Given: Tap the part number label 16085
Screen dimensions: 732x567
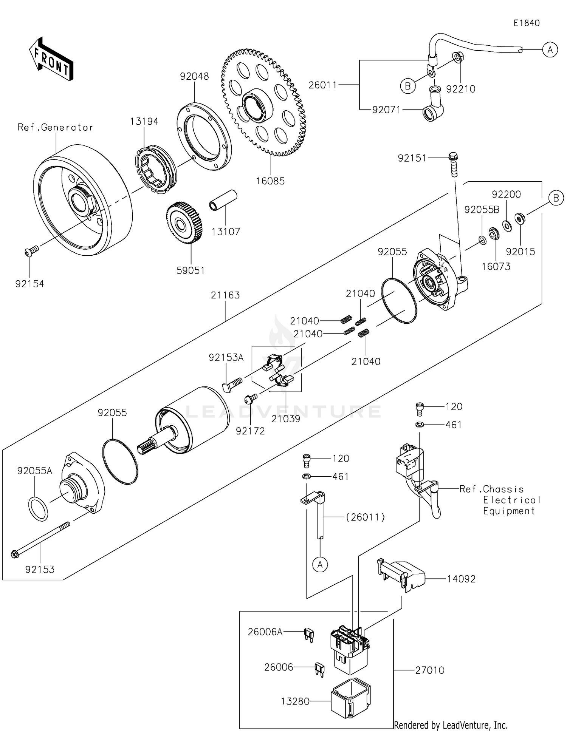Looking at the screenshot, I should click(270, 181).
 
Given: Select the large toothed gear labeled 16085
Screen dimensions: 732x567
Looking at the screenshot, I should click(263, 102).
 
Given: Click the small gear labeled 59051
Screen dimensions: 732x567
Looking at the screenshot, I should click(184, 223).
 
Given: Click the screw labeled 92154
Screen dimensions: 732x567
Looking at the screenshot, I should click(32, 251).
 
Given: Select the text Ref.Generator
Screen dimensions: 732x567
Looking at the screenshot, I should click(55, 127).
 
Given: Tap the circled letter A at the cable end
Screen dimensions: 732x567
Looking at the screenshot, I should click(550, 49).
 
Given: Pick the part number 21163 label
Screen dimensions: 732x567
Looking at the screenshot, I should click(225, 295).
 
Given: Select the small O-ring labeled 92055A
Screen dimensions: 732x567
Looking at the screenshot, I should click(38, 509).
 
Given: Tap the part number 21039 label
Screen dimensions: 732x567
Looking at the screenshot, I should click(286, 419).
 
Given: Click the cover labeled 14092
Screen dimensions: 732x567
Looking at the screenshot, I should click(401, 575).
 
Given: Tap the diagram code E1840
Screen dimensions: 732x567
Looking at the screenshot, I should click(527, 23).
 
